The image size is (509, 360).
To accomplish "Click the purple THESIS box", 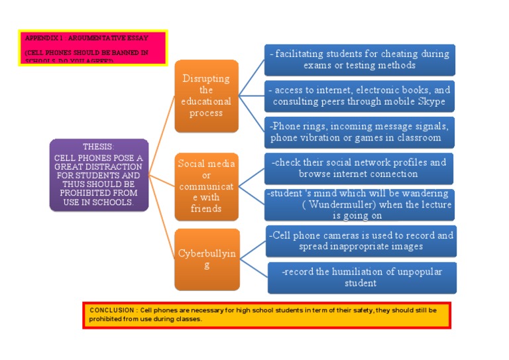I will [x=99, y=174].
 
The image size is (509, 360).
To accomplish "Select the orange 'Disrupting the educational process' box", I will [x=206, y=95].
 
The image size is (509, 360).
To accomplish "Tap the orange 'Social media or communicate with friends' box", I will [x=206, y=186].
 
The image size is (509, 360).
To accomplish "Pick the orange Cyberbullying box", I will [x=206, y=259].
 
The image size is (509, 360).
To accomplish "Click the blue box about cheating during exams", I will [x=359, y=60].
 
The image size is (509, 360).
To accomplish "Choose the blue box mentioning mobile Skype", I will [x=359, y=95].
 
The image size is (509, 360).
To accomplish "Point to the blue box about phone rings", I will [x=359, y=131].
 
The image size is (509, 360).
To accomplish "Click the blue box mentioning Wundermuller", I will [x=359, y=204].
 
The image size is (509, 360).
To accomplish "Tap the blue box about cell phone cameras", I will [x=361, y=241].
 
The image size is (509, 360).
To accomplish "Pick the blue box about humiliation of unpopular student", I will [x=361, y=277].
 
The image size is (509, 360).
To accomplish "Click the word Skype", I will [x=431, y=102].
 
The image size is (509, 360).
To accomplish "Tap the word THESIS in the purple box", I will [x=99, y=147].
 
